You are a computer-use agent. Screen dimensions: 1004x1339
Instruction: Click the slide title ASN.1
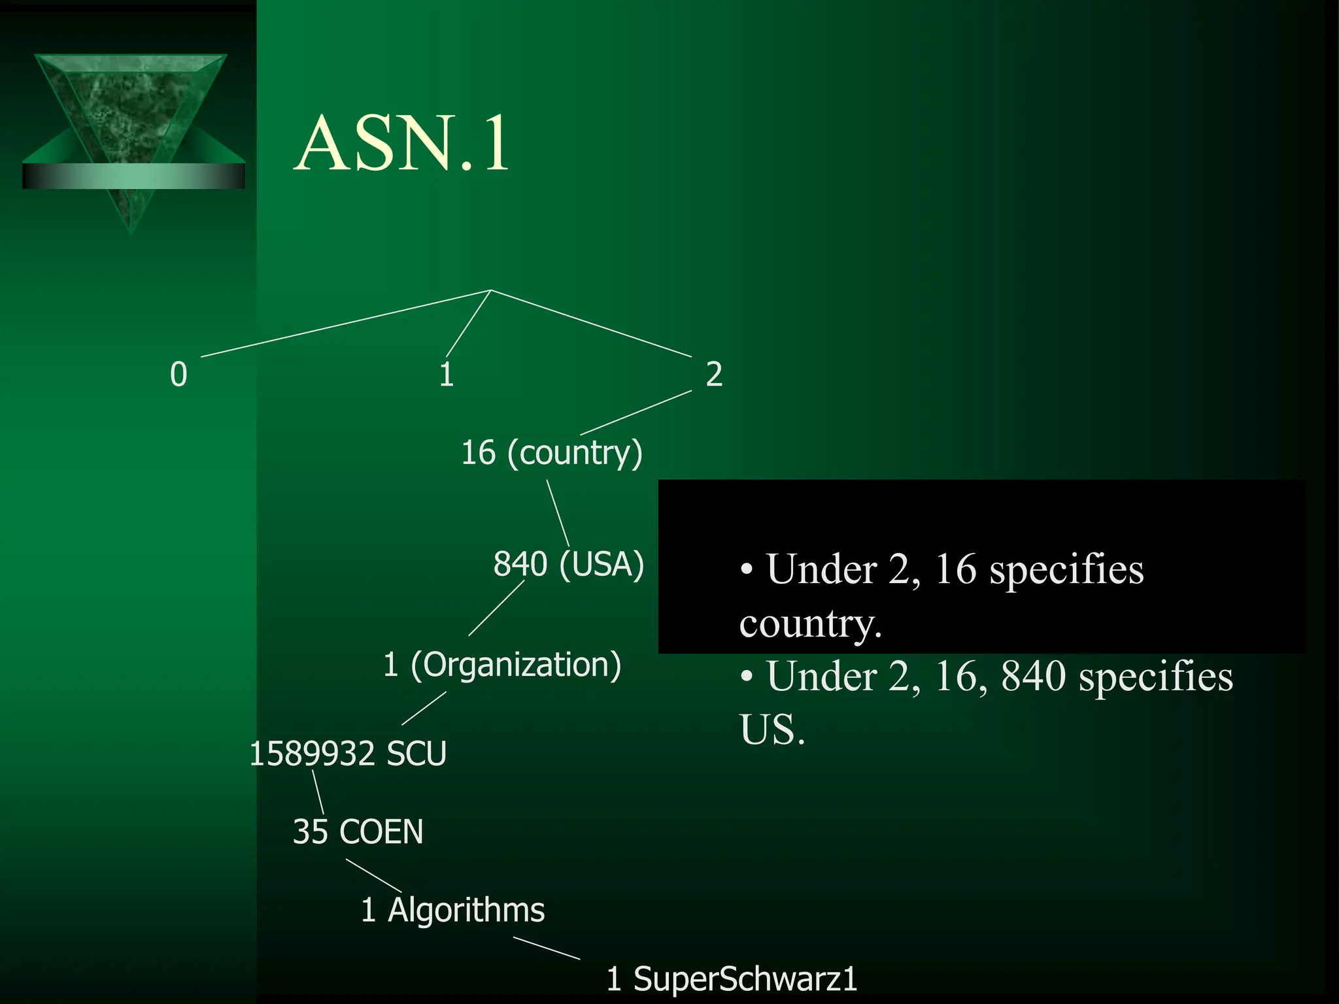401,144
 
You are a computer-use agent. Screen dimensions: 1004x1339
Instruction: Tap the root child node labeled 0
178,375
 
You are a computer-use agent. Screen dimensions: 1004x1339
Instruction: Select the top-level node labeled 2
714,375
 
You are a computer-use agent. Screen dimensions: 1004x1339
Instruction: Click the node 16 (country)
552,453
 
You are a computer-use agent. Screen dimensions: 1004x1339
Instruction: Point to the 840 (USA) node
568,564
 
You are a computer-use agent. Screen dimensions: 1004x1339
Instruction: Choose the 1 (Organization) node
501,665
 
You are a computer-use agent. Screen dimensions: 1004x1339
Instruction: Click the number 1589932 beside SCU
312,754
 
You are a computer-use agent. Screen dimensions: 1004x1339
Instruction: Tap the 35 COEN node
358,832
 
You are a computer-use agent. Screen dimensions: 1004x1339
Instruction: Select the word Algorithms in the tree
466,910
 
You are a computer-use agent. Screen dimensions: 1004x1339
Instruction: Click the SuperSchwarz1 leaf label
745,979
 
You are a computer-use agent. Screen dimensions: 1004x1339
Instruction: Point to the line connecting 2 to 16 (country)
636,412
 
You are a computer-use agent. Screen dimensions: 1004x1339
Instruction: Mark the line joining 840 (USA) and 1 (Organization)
496,608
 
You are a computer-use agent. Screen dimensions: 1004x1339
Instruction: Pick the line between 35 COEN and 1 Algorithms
373,875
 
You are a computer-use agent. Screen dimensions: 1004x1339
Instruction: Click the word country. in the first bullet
811,624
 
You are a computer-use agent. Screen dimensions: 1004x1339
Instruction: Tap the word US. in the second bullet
772,729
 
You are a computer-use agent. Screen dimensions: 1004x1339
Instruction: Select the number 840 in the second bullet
1033,677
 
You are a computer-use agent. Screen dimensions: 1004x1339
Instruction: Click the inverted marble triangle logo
131,131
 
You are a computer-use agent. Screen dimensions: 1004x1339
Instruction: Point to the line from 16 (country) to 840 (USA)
558,513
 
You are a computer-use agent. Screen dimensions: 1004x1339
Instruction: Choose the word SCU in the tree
416,754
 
